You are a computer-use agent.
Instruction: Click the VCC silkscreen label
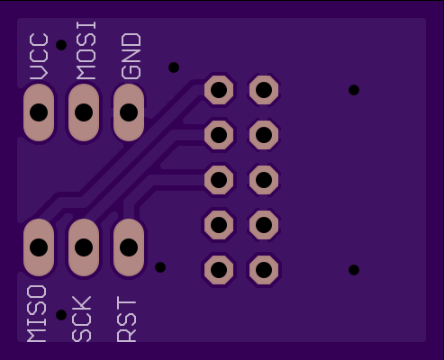tap(39, 56)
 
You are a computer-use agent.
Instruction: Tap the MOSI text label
tap(86, 50)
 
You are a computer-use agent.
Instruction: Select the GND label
tap(131, 56)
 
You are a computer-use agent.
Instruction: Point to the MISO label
tap(37, 313)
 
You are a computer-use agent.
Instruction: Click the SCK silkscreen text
tap(82, 319)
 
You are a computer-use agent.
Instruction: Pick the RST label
tap(126, 319)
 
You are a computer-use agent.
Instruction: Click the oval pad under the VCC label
tap(39, 112)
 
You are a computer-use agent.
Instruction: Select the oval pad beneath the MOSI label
tap(84, 112)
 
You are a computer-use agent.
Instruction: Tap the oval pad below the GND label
tap(129, 112)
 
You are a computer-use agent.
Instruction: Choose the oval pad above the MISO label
tap(39, 247)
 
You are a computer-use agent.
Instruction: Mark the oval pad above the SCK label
tap(84, 247)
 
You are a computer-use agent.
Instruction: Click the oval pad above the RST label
tap(129, 247)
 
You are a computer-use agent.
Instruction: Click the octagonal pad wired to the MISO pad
tap(219, 90)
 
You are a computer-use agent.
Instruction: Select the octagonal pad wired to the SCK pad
tap(219, 135)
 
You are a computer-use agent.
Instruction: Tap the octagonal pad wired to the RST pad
tap(219, 180)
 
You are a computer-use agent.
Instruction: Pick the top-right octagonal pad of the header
tap(264, 90)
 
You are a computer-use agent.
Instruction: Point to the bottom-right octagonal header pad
tap(264, 270)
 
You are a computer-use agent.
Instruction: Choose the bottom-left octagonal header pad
tap(219, 270)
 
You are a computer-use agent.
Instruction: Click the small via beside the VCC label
tap(61, 45)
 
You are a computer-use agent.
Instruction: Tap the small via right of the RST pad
tap(160, 267)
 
